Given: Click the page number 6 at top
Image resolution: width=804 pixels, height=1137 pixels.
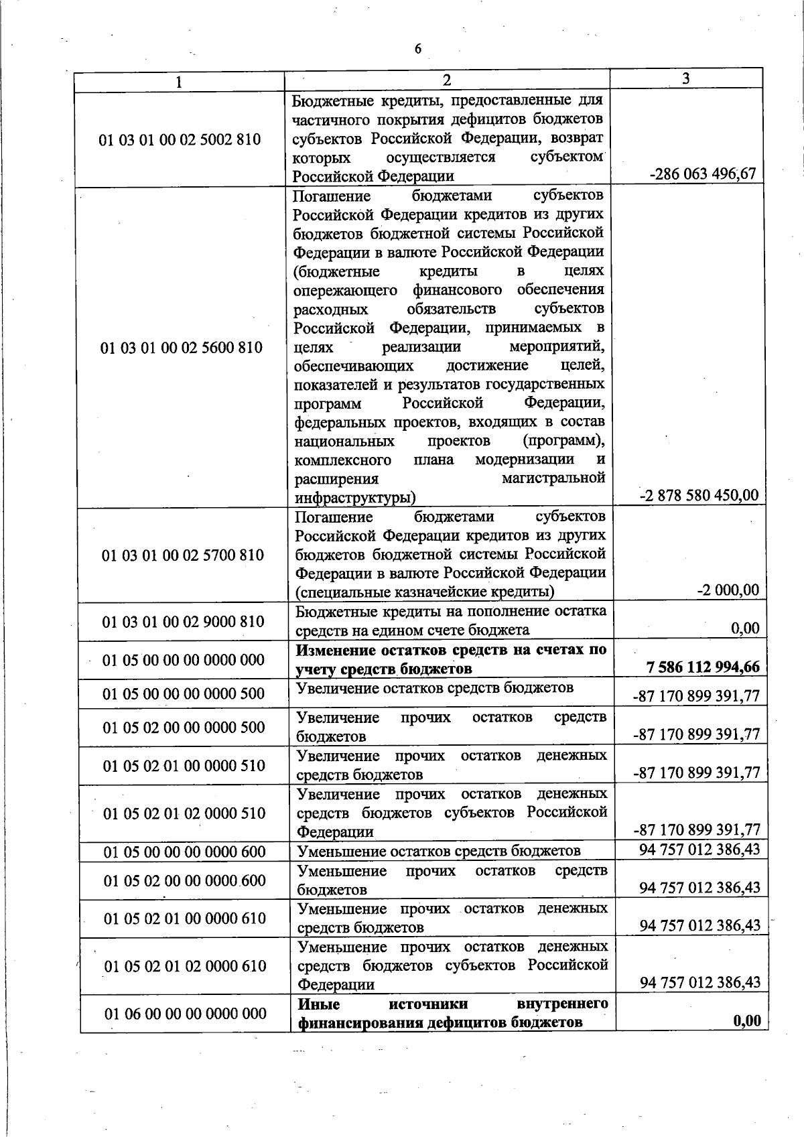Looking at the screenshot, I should (x=418, y=48).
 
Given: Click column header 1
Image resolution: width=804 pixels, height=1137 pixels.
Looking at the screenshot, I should (x=178, y=82).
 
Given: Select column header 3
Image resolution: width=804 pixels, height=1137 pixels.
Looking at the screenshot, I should (x=686, y=78).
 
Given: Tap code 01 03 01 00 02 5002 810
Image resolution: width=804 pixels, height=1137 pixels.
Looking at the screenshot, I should (x=180, y=140).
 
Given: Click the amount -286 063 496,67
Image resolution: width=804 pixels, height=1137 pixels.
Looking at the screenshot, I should (x=703, y=174).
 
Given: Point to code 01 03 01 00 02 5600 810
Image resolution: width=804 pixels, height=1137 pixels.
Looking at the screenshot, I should (x=182, y=347).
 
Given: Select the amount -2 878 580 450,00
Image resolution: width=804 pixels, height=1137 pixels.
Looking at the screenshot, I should (x=699, y=495).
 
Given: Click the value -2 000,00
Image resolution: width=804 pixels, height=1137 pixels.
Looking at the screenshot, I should (x=728, y=590).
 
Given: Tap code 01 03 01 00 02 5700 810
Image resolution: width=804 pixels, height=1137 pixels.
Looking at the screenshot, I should (x=183, y=555).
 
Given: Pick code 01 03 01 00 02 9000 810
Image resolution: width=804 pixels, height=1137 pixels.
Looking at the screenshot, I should (x=183, y=621).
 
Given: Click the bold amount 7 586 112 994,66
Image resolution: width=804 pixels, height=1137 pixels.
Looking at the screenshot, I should (x=703, y=667).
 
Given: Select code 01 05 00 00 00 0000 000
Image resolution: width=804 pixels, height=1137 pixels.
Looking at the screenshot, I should (x=184, y=660).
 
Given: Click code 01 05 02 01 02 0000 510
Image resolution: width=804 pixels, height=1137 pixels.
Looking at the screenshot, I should (x=185, y=813).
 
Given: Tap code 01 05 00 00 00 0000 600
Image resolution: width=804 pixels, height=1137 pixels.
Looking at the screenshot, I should (x=185, y=852).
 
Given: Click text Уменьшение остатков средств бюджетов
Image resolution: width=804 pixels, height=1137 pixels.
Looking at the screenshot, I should (x=439, y=851).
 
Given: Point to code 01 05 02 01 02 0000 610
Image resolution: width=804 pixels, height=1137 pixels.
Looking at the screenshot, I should (x=186, y=965).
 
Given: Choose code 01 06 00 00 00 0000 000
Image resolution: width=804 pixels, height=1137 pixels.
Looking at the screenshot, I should (x=186, y=1013).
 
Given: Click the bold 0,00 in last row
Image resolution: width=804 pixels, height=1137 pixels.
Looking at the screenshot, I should (x=747, y=1020).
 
